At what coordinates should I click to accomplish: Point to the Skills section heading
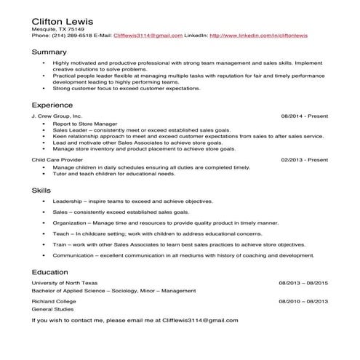point(41,190)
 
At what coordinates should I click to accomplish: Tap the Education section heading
point(50,271)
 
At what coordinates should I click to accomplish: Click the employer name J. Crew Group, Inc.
point(57,116)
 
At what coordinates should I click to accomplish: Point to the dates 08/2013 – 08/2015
point(303,282)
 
